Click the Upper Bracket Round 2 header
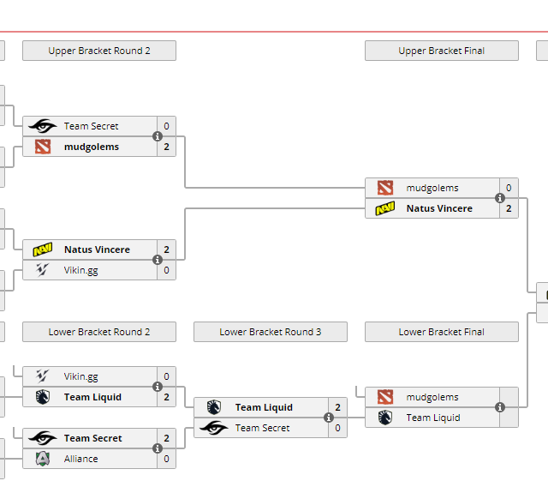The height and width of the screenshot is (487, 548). [x=99, y=51]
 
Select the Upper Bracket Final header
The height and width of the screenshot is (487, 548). [x=441, y=51]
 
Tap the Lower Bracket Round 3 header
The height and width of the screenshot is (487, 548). [x=270, y=332]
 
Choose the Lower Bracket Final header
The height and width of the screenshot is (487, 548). [x=441, y=332]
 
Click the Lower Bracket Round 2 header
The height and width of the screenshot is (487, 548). [x=99, y=332]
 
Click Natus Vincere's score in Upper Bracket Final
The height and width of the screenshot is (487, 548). [x=509, y=208]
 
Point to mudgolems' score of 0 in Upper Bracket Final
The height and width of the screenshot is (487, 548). [x=509, y=188]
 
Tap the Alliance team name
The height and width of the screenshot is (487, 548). [x=81, y=459]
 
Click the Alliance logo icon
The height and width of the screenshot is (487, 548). [x=43, y=459]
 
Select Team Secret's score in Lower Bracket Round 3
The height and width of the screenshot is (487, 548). [x=337, y=428]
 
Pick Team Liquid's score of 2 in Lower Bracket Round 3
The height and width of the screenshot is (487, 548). [x=337, y=407]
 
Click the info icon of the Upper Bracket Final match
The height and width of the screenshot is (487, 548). [x=500, y=198]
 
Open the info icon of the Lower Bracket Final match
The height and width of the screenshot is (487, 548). [x=500, y=407]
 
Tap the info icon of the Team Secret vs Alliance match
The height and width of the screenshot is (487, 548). [x=158, y=448]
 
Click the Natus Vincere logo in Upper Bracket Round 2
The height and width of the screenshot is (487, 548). [x=43, y=250]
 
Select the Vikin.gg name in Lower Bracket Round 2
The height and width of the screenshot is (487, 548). [x=81, y=376]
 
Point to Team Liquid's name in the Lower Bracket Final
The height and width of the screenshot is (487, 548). [x=433, y=418]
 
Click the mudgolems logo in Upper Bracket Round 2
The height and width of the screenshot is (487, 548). [x=43, y=147]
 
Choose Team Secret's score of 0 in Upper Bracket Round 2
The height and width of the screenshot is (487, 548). [x=166, y=126]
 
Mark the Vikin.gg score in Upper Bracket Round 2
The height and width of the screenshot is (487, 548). [x=166, y=270]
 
